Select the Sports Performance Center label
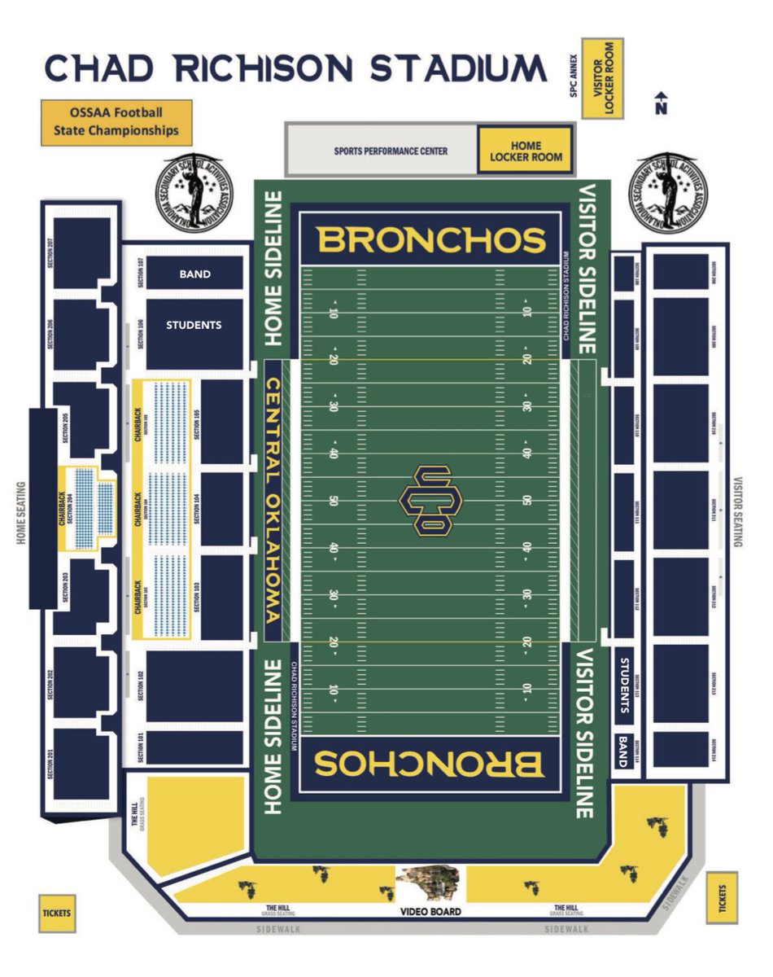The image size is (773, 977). click(391, 151)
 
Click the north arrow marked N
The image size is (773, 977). click(661, 104)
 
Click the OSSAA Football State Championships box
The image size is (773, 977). click(116, 123)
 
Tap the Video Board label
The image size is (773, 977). click(430, 912)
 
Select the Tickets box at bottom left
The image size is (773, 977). click(56, 913)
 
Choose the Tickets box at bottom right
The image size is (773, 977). click(722, 899)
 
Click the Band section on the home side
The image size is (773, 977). click(194, 274)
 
